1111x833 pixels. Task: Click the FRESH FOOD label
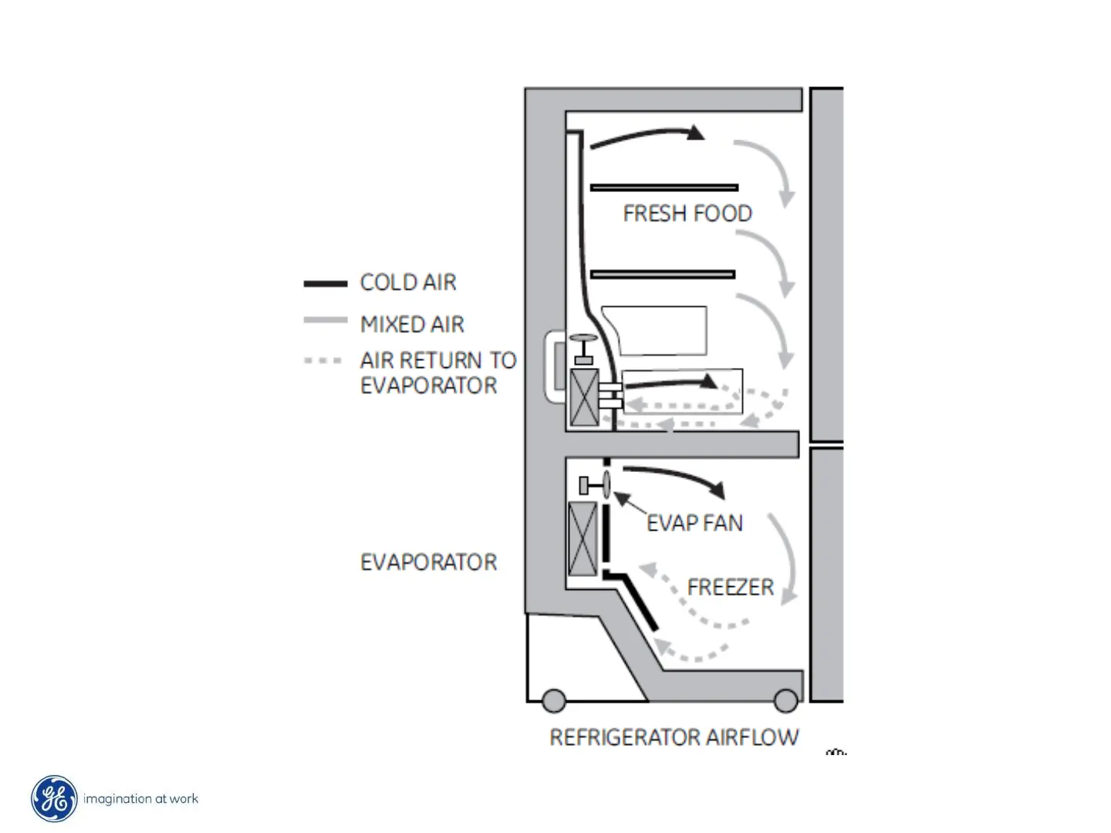687,214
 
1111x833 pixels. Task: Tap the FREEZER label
730,587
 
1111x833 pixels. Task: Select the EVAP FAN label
694,523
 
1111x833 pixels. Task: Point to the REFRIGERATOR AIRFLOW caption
674,737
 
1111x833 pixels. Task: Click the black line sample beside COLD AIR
325,284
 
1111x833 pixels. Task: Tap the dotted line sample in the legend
322,360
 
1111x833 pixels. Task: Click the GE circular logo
54,799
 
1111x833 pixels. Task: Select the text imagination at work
140,799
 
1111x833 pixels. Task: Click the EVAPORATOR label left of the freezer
428,562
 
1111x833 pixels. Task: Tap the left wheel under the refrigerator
553,700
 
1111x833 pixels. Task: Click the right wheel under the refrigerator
785,700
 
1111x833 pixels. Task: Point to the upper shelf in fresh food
664,187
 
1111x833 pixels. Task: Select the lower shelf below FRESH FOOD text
662,274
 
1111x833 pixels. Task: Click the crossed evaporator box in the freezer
583,538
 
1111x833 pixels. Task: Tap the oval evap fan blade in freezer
606,484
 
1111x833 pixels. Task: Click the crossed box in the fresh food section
584,397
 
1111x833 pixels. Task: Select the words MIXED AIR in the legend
412,325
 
